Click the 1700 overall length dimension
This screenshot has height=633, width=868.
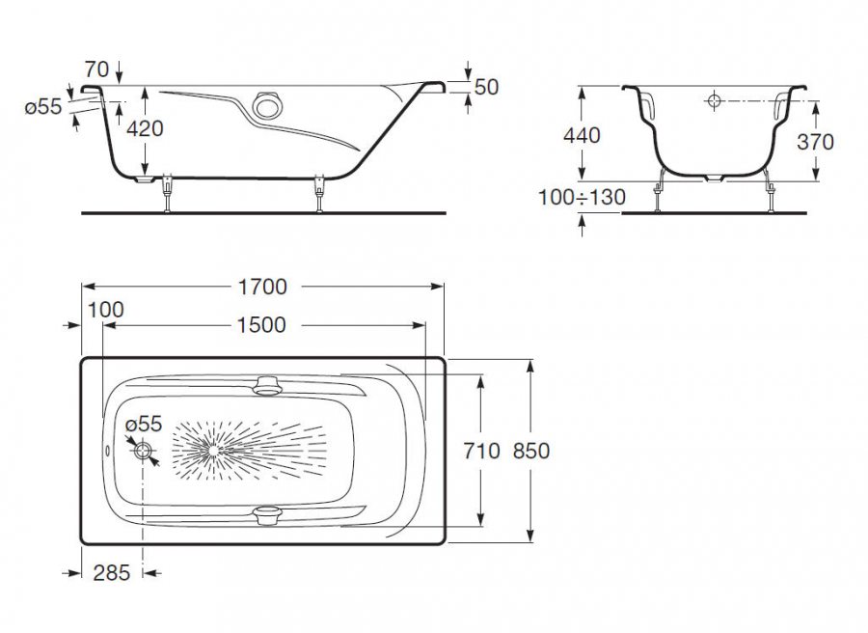tap(261, 287)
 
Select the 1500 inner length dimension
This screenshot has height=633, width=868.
tap(261, 325)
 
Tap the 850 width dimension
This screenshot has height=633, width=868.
tap(531, 451)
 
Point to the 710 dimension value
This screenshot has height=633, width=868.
tap(481, 451)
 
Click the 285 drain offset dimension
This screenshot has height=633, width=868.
tap(112, 573)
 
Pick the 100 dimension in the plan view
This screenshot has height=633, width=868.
tap(105, 310)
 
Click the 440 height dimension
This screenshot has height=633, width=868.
tap(581, 135)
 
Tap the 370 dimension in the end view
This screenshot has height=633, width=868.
tap(816, 141)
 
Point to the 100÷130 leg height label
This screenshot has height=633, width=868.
tap(581, 197)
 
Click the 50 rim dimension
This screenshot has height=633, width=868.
tap(486, 87)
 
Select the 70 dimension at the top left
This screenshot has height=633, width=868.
tap(95, 69)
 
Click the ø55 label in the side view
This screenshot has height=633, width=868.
tap(43, 107)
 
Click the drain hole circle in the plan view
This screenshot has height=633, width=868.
tap(144, 451)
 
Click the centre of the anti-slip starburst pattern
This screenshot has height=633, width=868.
tap(208, 450)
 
